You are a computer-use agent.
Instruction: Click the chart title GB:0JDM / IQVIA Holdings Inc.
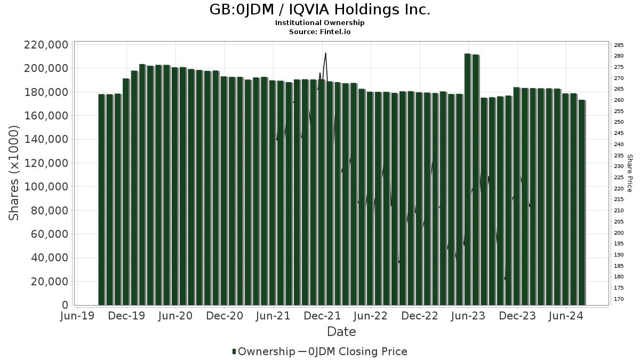[x=319, y=10]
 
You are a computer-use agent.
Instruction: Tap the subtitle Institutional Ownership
[x=319, y=23]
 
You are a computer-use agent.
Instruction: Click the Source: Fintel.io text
[x=319, y=31]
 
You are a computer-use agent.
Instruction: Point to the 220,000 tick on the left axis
[x=46, y=45]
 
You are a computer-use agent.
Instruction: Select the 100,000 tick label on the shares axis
[x=46, y=187]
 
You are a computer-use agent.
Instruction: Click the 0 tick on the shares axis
[x=65, y=305]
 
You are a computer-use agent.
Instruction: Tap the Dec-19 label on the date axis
[x=127, y=316]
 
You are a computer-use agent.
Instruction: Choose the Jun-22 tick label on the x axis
[x=371, y=316]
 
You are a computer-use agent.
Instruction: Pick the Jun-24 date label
[x=566, y=316]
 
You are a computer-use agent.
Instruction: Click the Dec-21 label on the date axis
[x=322, y=316]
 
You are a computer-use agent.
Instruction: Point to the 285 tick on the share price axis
[x=619, y=45]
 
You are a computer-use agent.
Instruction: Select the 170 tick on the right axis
[x=619, y=299]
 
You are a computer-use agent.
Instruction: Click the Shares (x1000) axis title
[x=14, y=173]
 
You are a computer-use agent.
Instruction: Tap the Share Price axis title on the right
[x=629, y=173]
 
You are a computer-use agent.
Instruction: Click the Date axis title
[x=341, y=332]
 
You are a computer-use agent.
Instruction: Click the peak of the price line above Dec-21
[x=325, y=53]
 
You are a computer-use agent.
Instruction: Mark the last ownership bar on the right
[x=581, y=203]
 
